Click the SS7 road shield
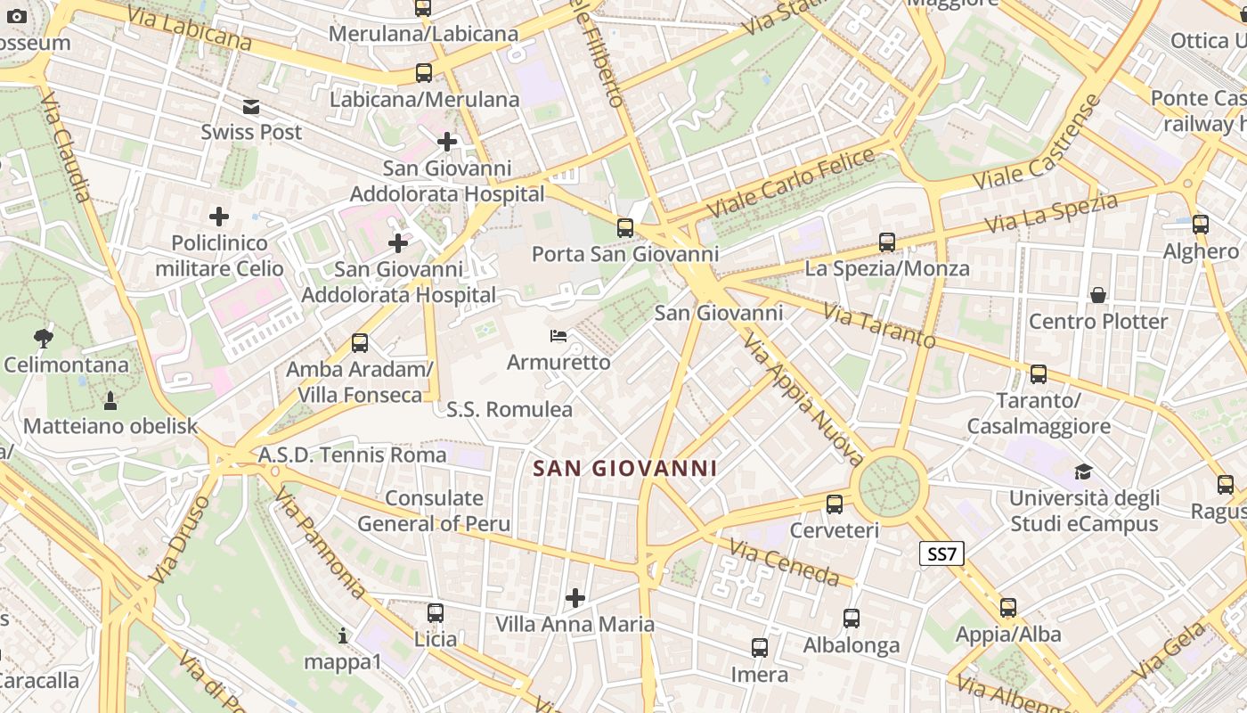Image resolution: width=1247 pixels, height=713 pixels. click(941, 553)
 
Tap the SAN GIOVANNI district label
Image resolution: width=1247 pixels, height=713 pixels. click(624, 468)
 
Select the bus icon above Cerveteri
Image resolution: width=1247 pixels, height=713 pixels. click(835, 504)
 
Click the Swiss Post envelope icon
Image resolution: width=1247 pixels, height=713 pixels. click(251, 107)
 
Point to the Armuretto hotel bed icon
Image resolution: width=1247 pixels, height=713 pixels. click(558, 337)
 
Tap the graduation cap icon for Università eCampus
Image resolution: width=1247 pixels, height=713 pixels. click(1083, 471)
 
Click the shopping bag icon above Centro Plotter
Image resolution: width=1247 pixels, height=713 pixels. click(1098, 295)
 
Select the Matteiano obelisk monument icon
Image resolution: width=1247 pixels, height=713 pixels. click(110, 400)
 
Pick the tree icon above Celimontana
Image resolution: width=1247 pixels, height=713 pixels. click(43, 339)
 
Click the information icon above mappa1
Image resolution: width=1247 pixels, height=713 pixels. click(343, 635)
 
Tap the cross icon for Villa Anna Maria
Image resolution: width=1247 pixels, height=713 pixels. click(575, 597)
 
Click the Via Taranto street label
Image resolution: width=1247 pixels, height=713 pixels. click(879, 326)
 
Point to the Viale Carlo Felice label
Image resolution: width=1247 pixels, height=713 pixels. click(792, 183)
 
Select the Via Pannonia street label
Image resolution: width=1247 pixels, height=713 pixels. click(320, 542)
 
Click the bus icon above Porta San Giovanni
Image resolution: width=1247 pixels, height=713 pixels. click(625, 228)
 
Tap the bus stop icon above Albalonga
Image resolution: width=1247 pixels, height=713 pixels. click(852, 619)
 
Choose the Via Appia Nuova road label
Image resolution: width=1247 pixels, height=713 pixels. click(803, 400)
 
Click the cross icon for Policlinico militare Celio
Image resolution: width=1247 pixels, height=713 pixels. click(219, 217)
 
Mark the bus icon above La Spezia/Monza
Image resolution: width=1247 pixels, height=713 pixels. click(887, 242)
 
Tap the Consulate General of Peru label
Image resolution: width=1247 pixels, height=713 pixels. click(435, 511)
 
